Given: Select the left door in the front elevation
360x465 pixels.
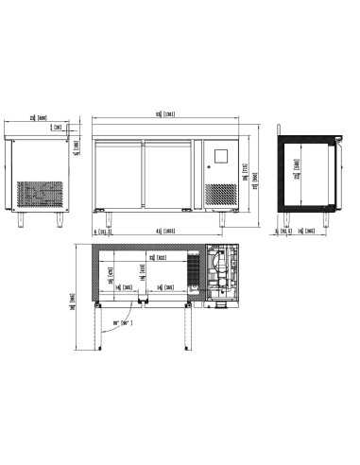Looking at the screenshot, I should click(x=118, y=174).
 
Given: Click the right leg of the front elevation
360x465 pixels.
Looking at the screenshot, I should click(x=223, y=218).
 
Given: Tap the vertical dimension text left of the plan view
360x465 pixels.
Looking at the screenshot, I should click(x=73, y=301).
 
